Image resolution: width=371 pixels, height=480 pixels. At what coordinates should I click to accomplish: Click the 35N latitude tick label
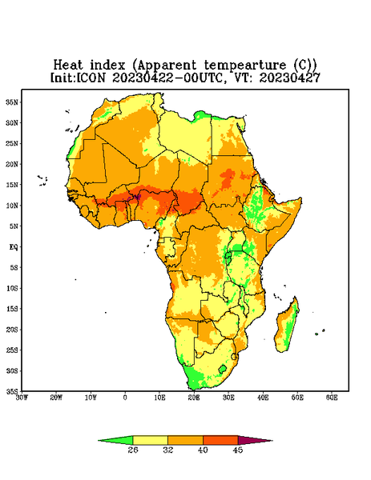(12, 102)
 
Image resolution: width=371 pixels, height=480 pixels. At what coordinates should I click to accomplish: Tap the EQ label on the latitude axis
(13, 246)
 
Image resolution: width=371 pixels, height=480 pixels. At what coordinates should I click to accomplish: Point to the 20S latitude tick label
(12, 330)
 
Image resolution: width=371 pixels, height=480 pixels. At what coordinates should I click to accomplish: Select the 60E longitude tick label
(332, 398)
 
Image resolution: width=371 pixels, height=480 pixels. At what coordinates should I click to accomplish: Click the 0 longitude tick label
(125, 398)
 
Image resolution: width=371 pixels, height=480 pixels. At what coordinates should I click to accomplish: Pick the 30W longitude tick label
(22, 398)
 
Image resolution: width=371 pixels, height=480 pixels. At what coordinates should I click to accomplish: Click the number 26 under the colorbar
(133, 450)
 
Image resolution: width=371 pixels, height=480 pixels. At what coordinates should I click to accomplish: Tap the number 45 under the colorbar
(238, 450)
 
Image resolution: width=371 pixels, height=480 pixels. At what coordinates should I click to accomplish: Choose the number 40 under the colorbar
(203, 450)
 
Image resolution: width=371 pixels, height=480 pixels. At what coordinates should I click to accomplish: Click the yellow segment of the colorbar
(150, 440)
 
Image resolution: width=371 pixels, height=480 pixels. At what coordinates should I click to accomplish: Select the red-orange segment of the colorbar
(220, 440)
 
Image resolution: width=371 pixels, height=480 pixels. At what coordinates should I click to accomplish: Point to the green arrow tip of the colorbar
(99, 441)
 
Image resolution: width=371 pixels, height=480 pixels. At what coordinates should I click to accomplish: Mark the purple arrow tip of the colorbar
(272, 441)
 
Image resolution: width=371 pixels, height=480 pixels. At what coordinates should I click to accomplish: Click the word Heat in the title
(68, 66)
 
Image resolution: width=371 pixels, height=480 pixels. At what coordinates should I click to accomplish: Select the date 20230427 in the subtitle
(289, 78)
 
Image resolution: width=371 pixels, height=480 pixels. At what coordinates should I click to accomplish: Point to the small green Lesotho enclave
(222, 369)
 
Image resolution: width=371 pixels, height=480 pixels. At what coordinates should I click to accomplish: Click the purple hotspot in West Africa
(138, 197)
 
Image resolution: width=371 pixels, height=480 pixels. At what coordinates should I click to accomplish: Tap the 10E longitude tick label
(159, 398)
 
